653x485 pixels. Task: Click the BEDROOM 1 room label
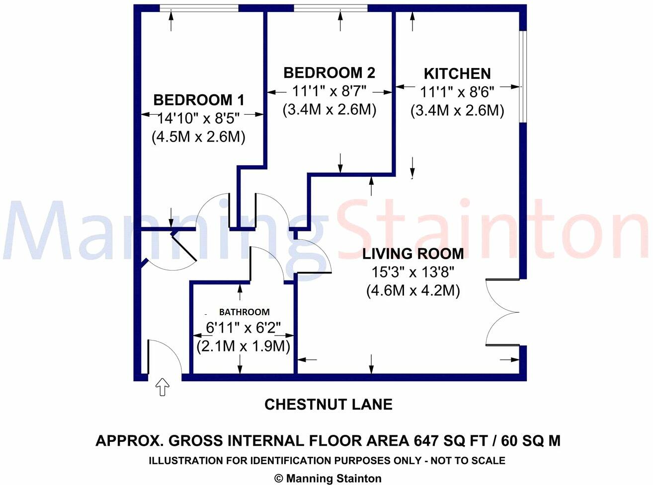point(199,100)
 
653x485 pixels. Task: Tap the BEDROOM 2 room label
point(329,73)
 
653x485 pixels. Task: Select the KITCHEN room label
point(457,73)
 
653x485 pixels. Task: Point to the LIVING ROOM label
point(413,254)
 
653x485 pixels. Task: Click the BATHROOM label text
point(245,312)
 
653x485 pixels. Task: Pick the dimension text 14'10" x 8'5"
point(199,119)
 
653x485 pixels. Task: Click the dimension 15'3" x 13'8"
point(413,272)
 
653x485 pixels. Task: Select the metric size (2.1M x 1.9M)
point(243,346)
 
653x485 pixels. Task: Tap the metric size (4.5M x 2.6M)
point(198,137)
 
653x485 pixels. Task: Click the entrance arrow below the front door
point(162,387)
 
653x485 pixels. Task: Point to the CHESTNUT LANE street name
point(328,405)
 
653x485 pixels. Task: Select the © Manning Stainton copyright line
point(328,479)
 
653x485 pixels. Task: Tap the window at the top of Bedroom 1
point(199,8)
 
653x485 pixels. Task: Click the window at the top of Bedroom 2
point(330,8)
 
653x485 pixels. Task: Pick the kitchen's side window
point(523,76)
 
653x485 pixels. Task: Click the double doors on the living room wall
point(502,312)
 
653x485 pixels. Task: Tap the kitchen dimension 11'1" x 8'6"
point(457,92)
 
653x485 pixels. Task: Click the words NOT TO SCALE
point(468,460)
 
